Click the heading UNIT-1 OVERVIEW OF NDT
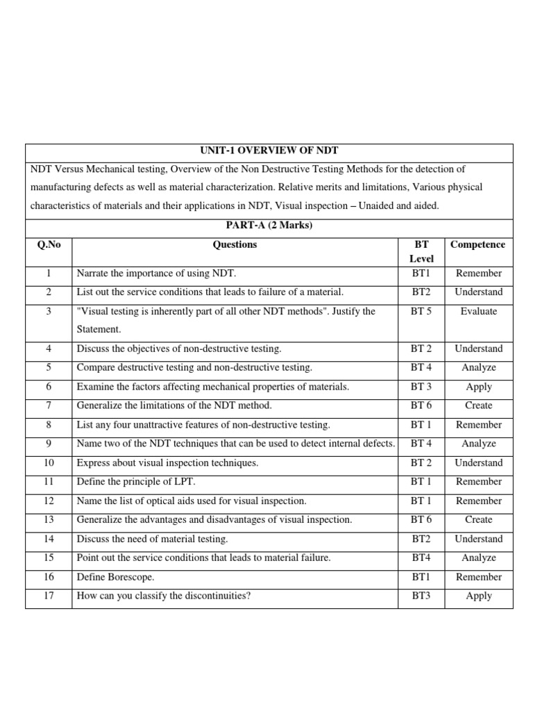point(269,150)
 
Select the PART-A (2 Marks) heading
point(269,226)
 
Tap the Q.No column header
point(49,244)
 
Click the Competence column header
point(478,244)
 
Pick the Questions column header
point(235,244)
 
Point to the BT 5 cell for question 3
point(421,312)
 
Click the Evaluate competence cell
point(478,312)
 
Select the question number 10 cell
point(49,463)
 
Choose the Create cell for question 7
point(478,405)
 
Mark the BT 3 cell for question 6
point(421,387)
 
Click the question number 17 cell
point(49,596)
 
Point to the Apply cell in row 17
point(478,596)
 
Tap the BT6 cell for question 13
point(421,519)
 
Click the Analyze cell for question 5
point(478,368)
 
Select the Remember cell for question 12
point(478,501)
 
